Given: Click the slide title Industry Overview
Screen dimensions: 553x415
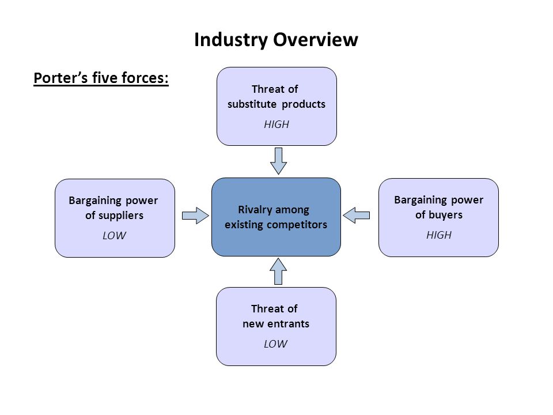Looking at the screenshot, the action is (276, 40).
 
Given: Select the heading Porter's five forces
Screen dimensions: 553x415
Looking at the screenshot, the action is (101, 78).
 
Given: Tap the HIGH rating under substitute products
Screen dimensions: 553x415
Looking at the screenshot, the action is (276, 124).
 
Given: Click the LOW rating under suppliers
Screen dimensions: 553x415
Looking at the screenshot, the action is (114, 235).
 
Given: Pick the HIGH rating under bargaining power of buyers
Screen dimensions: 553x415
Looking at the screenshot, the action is (439, 235).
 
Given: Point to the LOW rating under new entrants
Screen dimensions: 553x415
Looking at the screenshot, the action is (276, 344).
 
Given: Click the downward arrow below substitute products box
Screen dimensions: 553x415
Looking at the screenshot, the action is (278, 161).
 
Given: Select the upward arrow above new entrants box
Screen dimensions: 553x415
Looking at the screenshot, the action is (278, 271).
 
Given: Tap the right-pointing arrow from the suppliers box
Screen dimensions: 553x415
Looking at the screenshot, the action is (195, 216).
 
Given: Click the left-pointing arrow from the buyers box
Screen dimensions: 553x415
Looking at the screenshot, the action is (356, 215).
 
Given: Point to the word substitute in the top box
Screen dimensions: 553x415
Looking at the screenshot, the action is (252, 104).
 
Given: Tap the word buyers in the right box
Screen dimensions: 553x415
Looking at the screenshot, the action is (445, 215).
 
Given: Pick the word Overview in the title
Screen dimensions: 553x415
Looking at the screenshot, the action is (316, 40).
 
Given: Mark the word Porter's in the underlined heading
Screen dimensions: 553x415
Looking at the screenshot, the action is (60, 78).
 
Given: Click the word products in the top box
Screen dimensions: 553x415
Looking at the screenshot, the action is (304, 104).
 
